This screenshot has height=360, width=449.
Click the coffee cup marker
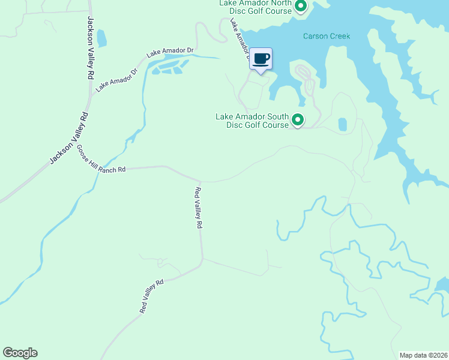tap(261, 59)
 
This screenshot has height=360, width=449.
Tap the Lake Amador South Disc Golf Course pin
tap(298, 121)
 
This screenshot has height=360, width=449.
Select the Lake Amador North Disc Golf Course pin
tap(301, 7)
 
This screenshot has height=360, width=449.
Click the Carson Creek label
tap(326, 37)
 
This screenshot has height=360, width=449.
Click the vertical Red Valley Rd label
tap(198, 208)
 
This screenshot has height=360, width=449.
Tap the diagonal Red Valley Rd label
tap(151, 296)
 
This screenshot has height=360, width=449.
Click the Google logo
tap(20, 353)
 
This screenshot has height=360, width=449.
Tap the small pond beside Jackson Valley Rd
tap(101, 38)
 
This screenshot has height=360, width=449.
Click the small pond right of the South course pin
tap(343, 124)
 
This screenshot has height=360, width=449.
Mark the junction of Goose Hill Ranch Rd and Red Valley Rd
tap(200, 181)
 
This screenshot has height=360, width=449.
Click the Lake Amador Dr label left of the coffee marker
tap(239, 38)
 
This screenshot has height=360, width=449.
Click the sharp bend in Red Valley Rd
tap(202, 259)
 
